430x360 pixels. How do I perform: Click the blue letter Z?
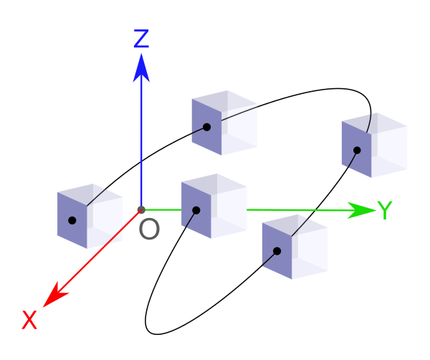(x=141, y=39)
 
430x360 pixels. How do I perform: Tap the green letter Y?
(x=385, y=210)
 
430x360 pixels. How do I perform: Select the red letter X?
(x=29, y=320)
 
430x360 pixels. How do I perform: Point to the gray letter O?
(x=149, y=229)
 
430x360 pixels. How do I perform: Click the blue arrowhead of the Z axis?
(x=141, y=68)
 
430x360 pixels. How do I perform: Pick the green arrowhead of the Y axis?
(x=362, y=210)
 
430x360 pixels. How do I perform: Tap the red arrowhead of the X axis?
(x=55, y=295)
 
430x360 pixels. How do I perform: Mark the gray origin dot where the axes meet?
(x=141, y=210)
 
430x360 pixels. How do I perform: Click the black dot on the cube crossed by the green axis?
(x=196, y=210)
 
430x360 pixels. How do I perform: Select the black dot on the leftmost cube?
(x=72, y=220)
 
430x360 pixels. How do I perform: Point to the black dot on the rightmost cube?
(x=357, y=151)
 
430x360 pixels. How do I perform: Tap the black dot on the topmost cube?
(x=207, y=127)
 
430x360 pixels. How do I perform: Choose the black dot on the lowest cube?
(x=277, y=251)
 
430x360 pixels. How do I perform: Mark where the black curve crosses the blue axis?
(x=141, y=162)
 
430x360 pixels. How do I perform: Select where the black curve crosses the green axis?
(x=315, y=210)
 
